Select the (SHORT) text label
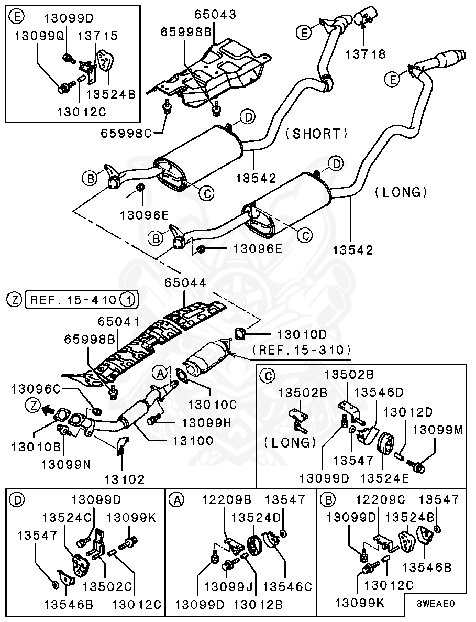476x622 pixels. tap(316, 134)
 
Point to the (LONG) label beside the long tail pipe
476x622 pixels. tap(401, 192)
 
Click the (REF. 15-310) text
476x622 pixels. tap(301, 349)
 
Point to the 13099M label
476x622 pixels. tap(438, 430)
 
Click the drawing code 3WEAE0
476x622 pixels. tap(435, 603)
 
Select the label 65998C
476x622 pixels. tap(126, 133)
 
